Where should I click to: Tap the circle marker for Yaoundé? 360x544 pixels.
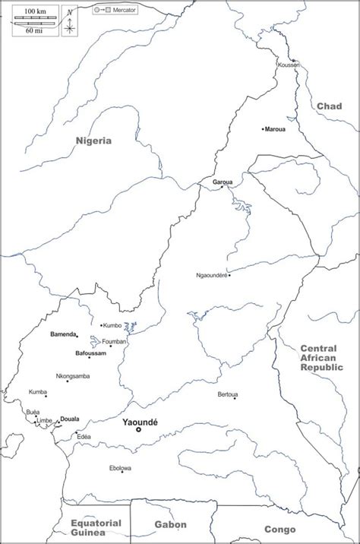coord(138,430)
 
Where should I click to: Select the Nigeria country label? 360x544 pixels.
coord(93,141)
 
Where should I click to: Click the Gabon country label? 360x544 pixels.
coord(169,524)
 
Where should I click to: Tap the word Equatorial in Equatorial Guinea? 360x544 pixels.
coord(96,523)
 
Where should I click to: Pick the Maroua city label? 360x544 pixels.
coord(276,129)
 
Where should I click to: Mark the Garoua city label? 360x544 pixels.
coord(222,182)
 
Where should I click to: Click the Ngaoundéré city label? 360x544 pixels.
coord(211,275)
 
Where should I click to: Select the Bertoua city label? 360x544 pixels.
coord(228,394)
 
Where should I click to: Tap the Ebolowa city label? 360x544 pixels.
coord(120,468)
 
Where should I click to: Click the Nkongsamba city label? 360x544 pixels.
coord(73,376)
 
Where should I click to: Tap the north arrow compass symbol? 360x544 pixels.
coord(69,24)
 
